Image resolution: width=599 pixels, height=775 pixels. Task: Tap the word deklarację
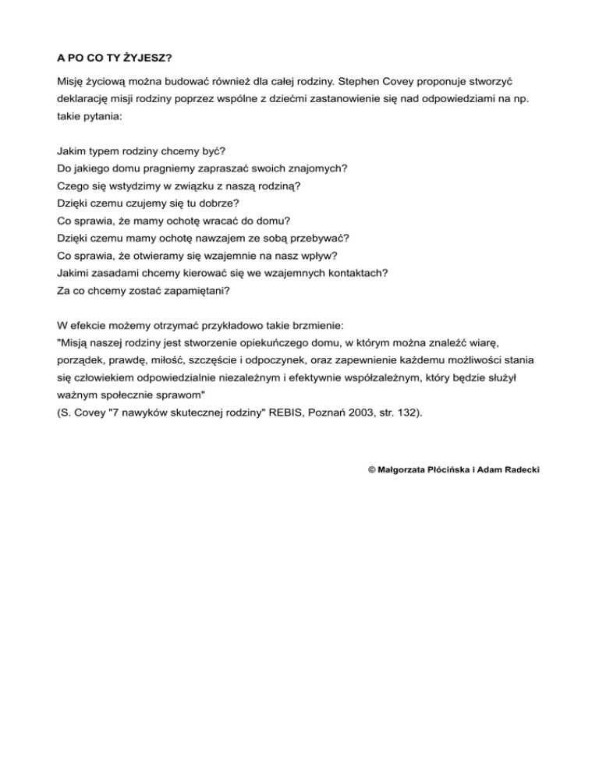tap(87, 101)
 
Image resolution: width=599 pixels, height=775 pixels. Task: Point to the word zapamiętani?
tap(187, 290)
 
